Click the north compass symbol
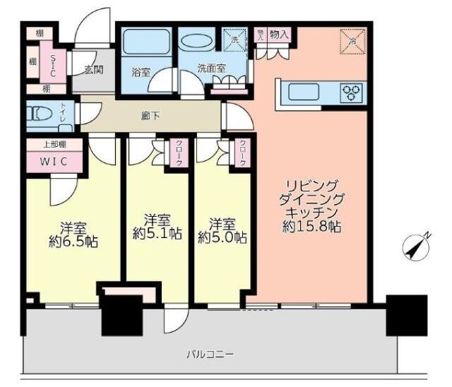(415, 247)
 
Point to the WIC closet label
(54, 160)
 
